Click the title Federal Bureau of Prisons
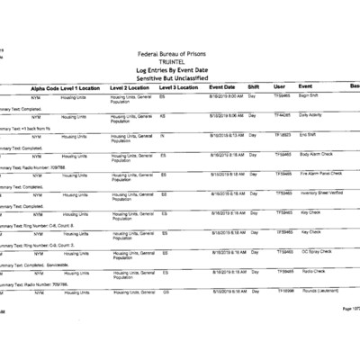(180, 55)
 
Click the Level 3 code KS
(163, 116)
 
